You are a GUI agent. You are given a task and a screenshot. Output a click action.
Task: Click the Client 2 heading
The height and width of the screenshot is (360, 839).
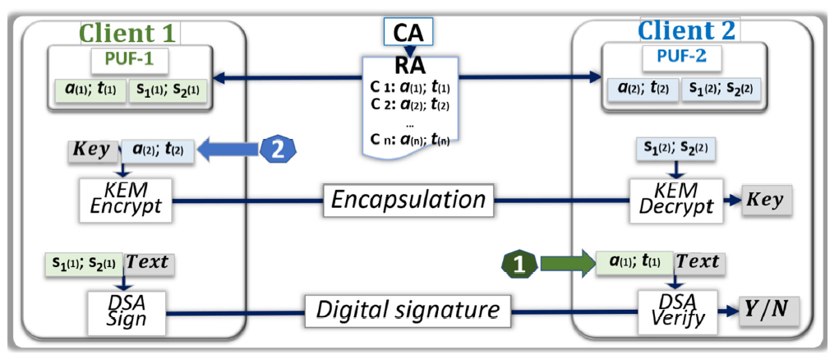(687, 30)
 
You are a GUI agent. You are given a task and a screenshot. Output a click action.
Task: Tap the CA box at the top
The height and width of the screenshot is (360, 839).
(408, 33)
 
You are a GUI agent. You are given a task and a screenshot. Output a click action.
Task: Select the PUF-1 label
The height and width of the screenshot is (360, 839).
(128, 60)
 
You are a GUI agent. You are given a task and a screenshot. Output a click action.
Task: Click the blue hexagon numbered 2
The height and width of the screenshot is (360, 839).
(276, 150)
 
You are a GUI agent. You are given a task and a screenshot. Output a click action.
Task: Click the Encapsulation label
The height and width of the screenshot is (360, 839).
(408, 200)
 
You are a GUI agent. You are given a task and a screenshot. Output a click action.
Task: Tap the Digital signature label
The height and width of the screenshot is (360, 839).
(408, 310)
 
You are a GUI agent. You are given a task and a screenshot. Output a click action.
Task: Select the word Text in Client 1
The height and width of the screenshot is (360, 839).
(150, 262)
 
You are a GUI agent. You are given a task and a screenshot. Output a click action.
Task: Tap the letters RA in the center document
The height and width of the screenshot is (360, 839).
(408, 64)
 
